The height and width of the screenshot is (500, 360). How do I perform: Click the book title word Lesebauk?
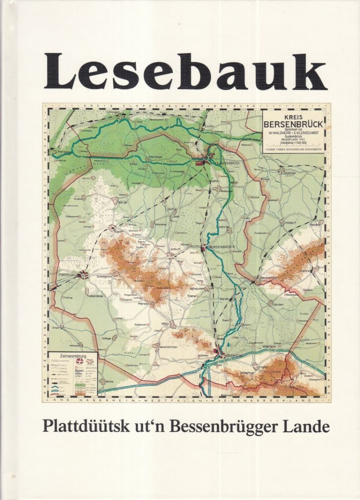click(x=186, y=72)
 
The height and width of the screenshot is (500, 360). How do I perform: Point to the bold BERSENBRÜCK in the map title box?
click(x=293, y=125)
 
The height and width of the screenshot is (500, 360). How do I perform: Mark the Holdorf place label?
click(x=290, y=223)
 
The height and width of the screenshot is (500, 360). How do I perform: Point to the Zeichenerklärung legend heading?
click(x=73, y=356)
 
